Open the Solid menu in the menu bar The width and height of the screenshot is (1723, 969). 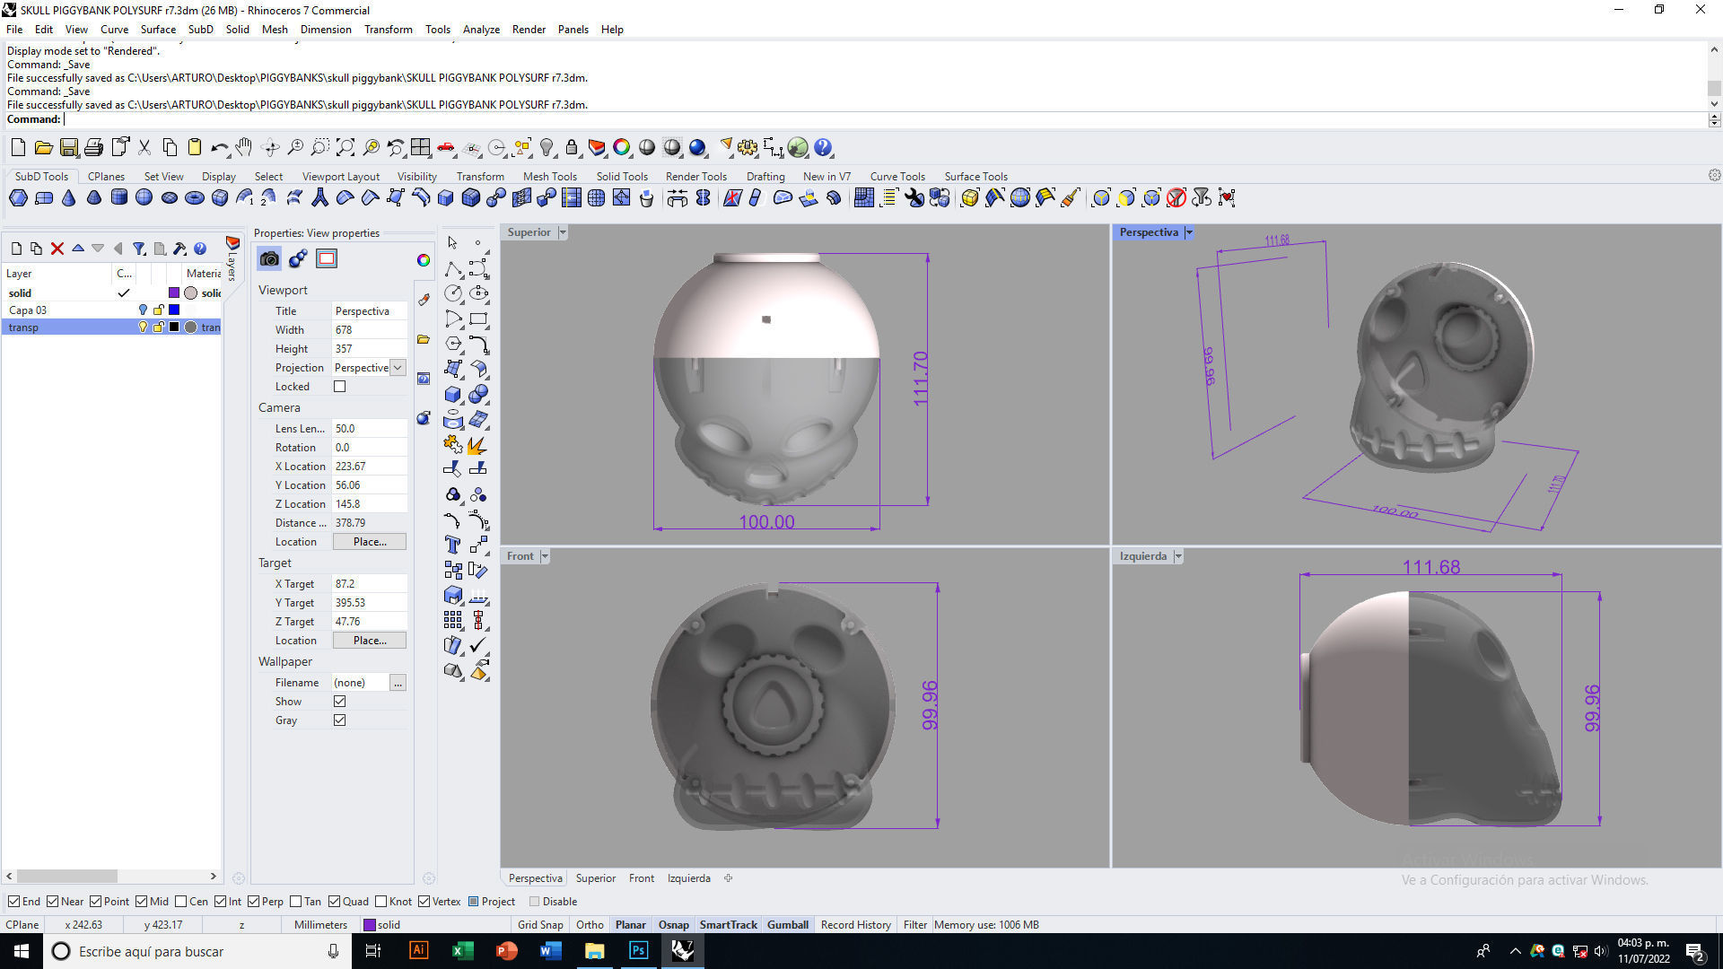pos(237,30)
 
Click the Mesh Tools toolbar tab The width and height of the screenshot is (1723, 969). pos(549,177)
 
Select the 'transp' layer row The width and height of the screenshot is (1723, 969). pos(54,327)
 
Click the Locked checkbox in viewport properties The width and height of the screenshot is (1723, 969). pos(339,387)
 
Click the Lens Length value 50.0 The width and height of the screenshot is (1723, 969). pos(368,429)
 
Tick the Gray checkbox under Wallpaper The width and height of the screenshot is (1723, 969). pos(339,720)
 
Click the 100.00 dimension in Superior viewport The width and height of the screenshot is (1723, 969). pos(766,522)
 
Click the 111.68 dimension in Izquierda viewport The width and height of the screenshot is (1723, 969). pos(1430,567)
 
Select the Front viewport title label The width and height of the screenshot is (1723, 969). pos(520,556)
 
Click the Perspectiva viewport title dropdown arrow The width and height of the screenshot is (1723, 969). pos(1189,232)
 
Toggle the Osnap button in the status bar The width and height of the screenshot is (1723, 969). pos(673,925)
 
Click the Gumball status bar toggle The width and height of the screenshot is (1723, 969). pos(787,925)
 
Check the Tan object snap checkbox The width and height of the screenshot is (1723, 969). pos(296,902)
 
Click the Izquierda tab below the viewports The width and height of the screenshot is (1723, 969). pos(688,878)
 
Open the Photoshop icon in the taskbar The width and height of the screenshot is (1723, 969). pos(638,951)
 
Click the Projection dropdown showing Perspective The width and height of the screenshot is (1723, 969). pos(369,368)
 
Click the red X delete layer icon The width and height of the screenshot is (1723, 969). pos(57,249)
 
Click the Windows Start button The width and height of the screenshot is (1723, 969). pos(21,951)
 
